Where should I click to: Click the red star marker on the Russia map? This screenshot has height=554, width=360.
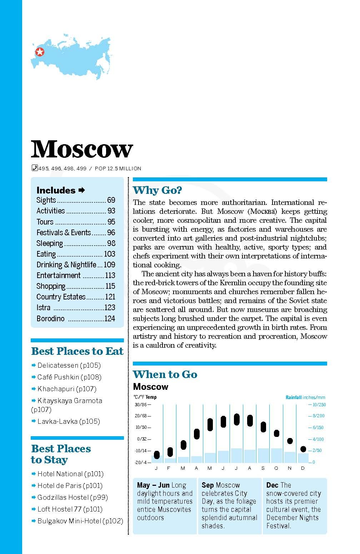point(40,52)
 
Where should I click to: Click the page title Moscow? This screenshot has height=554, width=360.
point(82,149)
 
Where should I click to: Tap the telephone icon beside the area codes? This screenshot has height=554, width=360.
point(34,168)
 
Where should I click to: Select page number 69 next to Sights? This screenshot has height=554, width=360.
point(111,200)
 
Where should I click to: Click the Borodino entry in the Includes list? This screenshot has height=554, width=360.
point(50,318)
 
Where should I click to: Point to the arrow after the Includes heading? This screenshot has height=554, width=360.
point(82,190)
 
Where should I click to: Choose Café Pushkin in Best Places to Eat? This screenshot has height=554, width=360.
point(69,377)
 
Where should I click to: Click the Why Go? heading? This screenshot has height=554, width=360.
point(157,190)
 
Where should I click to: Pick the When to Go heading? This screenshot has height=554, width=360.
point(165,374)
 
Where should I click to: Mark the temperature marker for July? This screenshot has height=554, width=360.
point(236,419)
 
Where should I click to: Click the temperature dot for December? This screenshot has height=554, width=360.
point(303,449)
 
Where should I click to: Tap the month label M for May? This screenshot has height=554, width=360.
point(209,468)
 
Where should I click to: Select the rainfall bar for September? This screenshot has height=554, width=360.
point(263,455)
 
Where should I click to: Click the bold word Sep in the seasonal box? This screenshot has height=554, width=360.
point(207,485)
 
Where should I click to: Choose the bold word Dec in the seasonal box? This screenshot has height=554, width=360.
point(272,485)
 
